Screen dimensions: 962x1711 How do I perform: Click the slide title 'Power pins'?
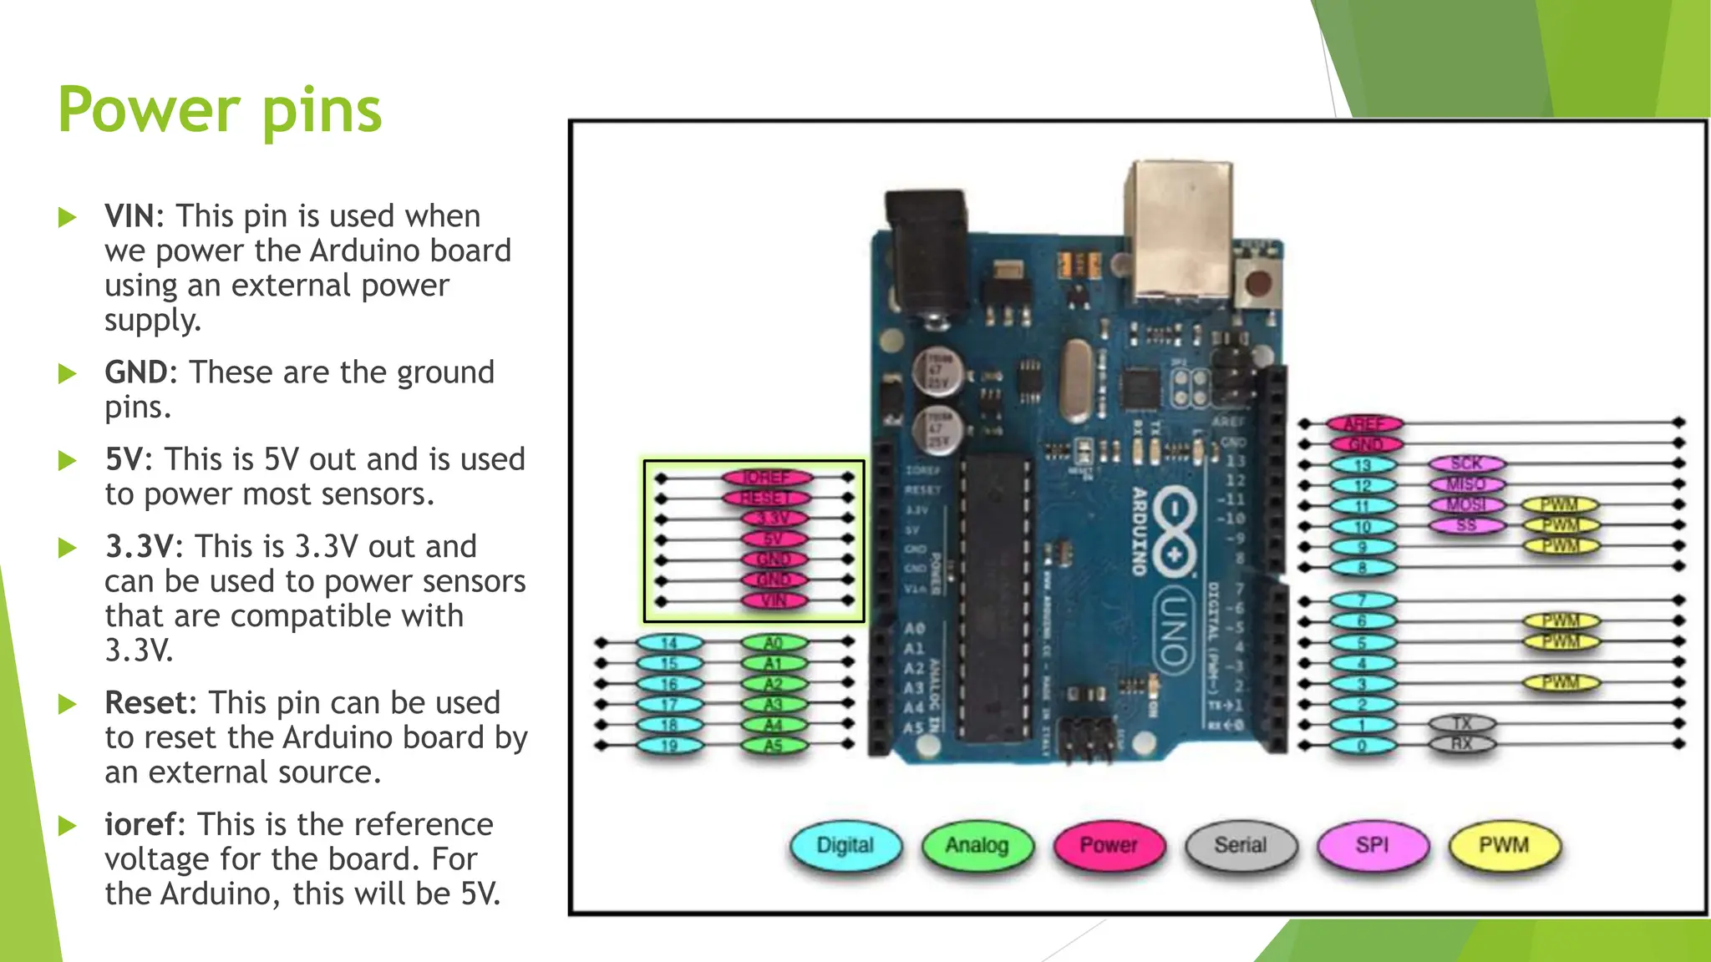220,110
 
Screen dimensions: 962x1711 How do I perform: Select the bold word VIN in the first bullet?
129,216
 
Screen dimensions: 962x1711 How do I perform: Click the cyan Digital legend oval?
845,845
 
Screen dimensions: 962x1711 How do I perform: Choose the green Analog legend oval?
977,845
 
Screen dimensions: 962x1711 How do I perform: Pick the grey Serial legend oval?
1241,845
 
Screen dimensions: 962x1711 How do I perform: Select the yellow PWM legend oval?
1504,845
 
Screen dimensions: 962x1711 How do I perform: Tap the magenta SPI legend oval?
1373,845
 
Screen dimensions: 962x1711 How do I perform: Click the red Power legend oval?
1109,845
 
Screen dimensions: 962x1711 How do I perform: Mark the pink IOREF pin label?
766,478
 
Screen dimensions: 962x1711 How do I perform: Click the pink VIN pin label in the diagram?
774,600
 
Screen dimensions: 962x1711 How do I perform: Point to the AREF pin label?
1364,424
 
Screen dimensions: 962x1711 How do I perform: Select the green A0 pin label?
774,643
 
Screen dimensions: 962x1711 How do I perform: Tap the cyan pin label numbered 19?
669,745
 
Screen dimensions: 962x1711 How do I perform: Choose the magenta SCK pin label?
1466,463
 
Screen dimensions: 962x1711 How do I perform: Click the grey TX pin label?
1461,723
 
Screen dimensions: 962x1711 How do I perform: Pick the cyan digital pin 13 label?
1363,465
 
